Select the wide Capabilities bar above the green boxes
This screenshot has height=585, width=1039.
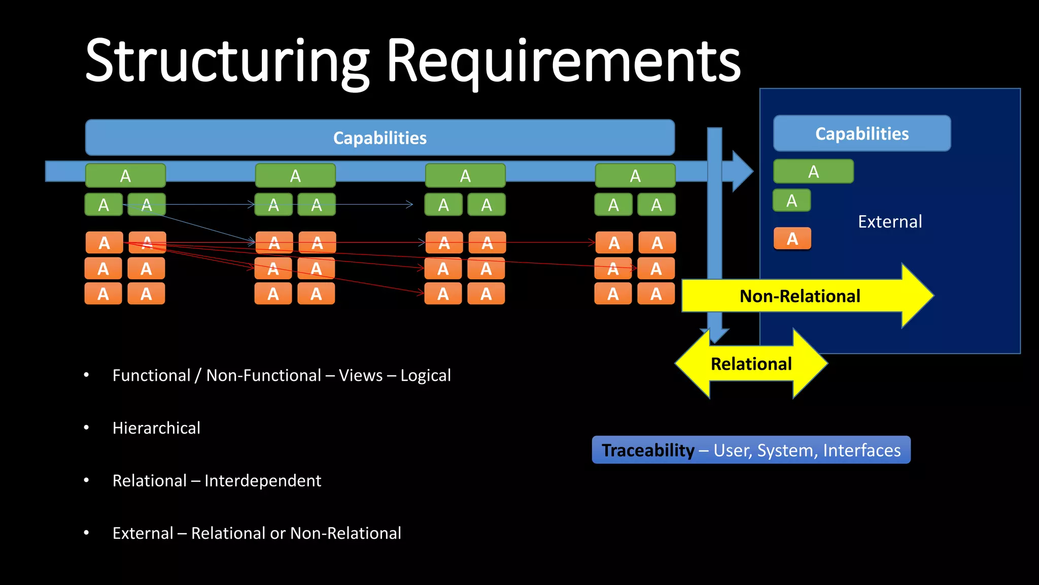pos(379,138)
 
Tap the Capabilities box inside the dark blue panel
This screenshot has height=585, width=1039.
pos(861,134)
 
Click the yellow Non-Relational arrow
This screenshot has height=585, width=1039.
pos(800,296)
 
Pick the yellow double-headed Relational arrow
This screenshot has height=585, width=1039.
pos(751,364)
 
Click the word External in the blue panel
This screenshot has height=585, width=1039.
pos(889,222)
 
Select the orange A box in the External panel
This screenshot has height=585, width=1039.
pos(792,239)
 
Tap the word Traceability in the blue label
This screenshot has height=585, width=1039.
pos(647,450)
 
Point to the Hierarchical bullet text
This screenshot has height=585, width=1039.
pos(156,428)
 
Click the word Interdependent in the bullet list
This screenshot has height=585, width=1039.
pos(262,480)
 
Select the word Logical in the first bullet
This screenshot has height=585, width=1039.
pos(425,375)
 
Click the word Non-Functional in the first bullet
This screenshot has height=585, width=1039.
pos(263,375)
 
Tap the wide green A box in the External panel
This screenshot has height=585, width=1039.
pos(813,172)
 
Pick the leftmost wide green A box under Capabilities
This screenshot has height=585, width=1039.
pos(125,176)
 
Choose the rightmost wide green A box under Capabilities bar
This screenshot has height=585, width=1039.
pos(635,176)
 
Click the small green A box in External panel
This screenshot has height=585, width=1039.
pos(791,201)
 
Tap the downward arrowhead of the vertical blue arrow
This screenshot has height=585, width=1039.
pos(715,336)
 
